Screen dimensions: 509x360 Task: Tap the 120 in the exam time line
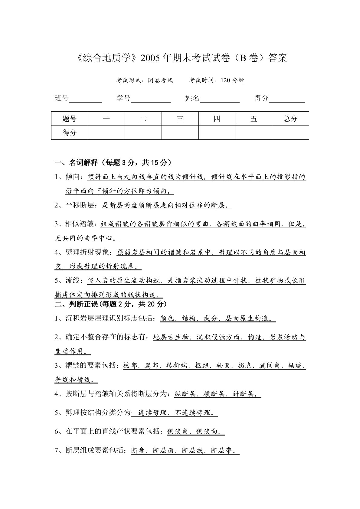[x=226, y=80]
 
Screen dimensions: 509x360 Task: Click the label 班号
[x=62, y=98]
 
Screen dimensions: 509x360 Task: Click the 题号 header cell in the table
[x=70, y=119]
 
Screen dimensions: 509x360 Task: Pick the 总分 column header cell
[x=290, y=119]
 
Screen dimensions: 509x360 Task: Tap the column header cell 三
[x=180, y=119]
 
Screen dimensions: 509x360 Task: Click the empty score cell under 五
[x=254, y=132]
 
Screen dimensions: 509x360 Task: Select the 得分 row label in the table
[x=70, y=132]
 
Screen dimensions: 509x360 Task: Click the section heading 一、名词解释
[x=80, y=163]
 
